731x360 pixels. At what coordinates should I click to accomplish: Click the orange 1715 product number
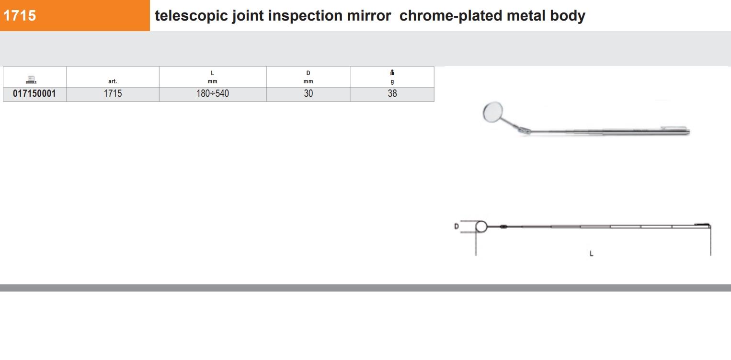(20, 16)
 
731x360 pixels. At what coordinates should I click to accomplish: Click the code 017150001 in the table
(34, 93)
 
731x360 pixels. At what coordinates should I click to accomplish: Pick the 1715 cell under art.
(113, 93)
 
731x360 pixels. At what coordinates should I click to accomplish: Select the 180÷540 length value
(212, 93)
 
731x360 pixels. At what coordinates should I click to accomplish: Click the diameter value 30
(308, 93)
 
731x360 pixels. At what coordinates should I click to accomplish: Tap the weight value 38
(392, 93)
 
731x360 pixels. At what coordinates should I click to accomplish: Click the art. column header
(113, 81)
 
